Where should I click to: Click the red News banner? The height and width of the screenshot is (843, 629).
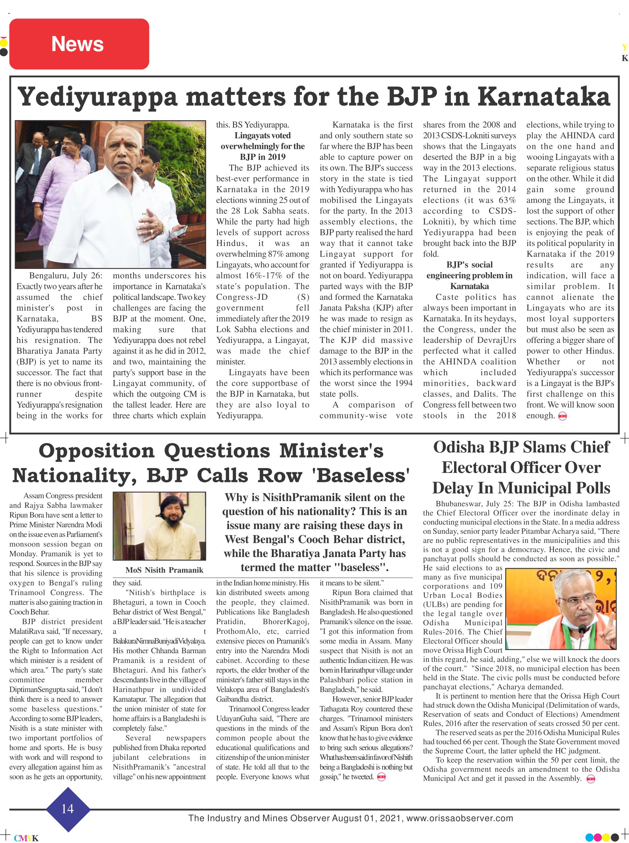pos(79,44)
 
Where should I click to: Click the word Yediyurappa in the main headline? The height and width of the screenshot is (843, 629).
pos(98,97)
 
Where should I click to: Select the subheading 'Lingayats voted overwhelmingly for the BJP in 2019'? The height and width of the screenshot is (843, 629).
pos(262,146)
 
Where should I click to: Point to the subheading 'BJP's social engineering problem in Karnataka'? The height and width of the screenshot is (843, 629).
pos(469,275)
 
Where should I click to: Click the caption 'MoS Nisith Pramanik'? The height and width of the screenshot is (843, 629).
pos(164,570)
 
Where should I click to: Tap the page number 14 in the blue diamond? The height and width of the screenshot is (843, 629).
pos(68,809)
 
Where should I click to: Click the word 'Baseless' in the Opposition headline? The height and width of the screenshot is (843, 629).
pos(360,475)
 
